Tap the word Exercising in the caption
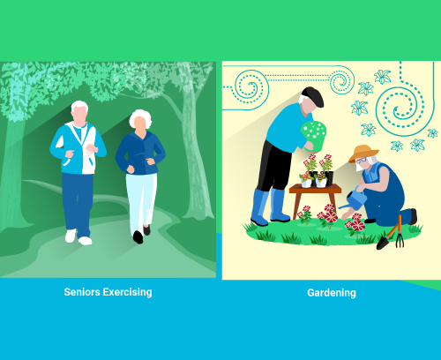(x=127, y=292)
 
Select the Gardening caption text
(x=332, y=293)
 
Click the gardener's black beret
(x=314, y=96)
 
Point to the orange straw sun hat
(x=363, y=154)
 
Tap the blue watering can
(x=355, y=199)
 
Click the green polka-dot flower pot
(x=314, y=136)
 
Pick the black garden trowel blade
(x=382, y=244)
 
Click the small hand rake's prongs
(x=400, y=240)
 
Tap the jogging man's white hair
(x=79, y=106)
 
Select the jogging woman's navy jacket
(x=140, y=153)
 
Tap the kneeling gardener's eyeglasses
(x=362, y=161)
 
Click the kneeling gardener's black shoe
(x=413, y=216)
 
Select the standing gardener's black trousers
(x=273, y=166)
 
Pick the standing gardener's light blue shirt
(x=285, y=127)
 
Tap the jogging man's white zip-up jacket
(x=78, y=148)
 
